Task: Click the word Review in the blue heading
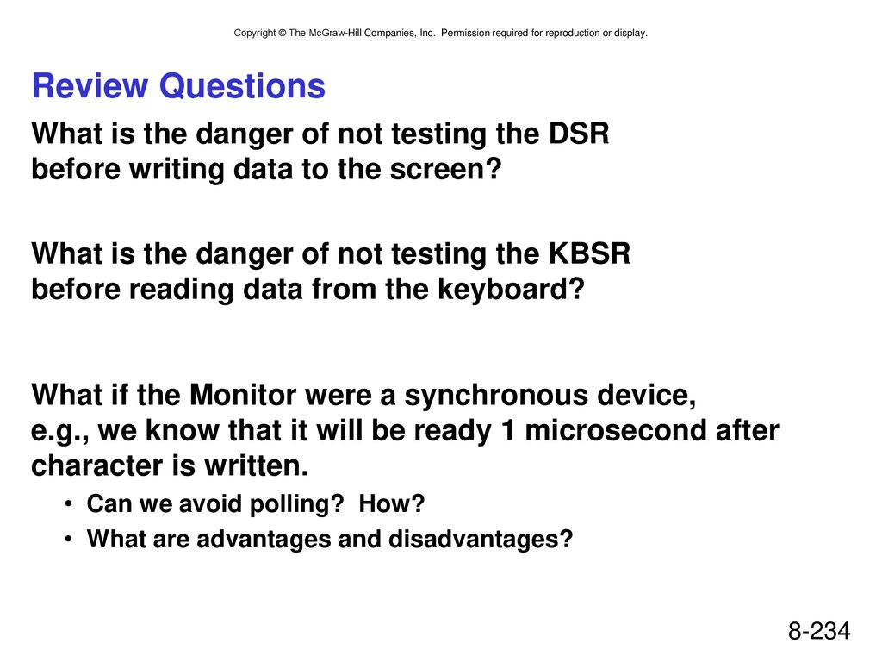[90, 85]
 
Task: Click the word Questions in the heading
[242, 87]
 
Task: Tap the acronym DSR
[579, 134]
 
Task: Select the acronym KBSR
[589, 254]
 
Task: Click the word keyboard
[511, 290]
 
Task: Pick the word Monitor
[242, 395]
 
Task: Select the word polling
[296, 504]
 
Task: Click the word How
[392, 503]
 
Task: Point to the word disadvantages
[481, 539]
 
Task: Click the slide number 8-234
[819, 631]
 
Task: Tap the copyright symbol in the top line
[282, 34]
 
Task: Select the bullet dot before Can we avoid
[68, 503]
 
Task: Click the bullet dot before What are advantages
[68, 540]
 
